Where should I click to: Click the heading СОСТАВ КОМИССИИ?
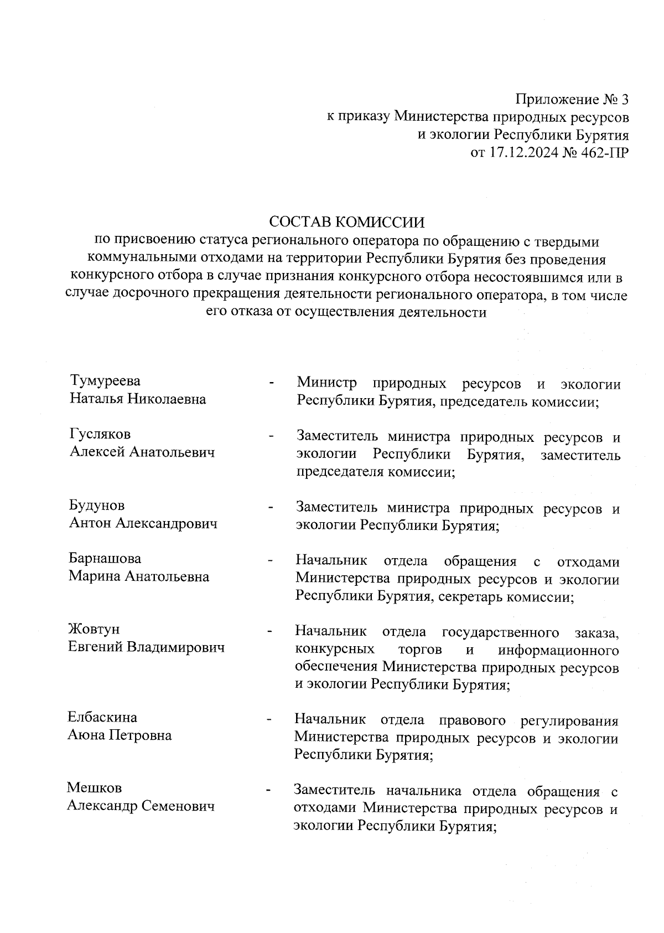coord(346,223)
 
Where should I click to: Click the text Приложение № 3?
coord(572,100)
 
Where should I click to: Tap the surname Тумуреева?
coord(105,381)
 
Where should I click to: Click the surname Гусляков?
coord(100,434)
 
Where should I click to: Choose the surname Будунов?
coord(97,506)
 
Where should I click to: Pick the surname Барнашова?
coord(105,558)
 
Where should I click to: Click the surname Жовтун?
coord(94,630)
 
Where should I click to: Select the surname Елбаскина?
coord(102,718)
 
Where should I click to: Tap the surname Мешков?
coord(94,788)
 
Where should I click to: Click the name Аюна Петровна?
coord(119,736)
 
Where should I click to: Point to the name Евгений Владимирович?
coord(146,647)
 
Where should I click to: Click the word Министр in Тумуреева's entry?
coord(326,383)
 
